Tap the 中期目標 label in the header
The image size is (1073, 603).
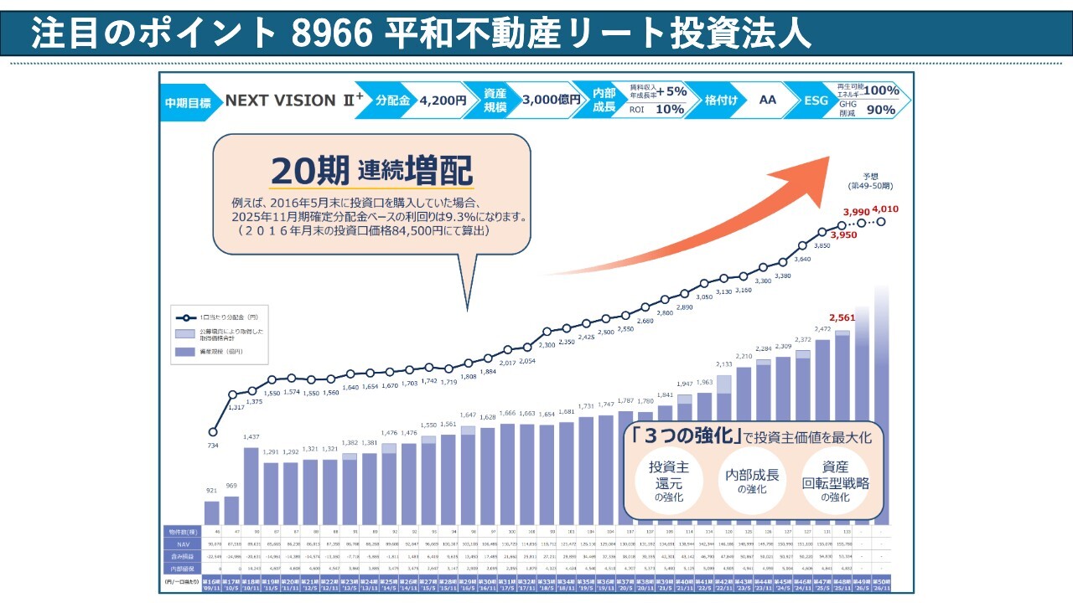tap(187, 100)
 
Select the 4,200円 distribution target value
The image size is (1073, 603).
tap(443, 100)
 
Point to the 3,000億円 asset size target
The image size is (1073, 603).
tap(551, 100)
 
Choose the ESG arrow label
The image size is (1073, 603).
tap(814, 100)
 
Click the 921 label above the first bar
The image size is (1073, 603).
tap(211, 489)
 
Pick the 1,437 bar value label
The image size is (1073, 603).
tap(251, 437)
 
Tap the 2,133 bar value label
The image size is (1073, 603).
tap(724, 364)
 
